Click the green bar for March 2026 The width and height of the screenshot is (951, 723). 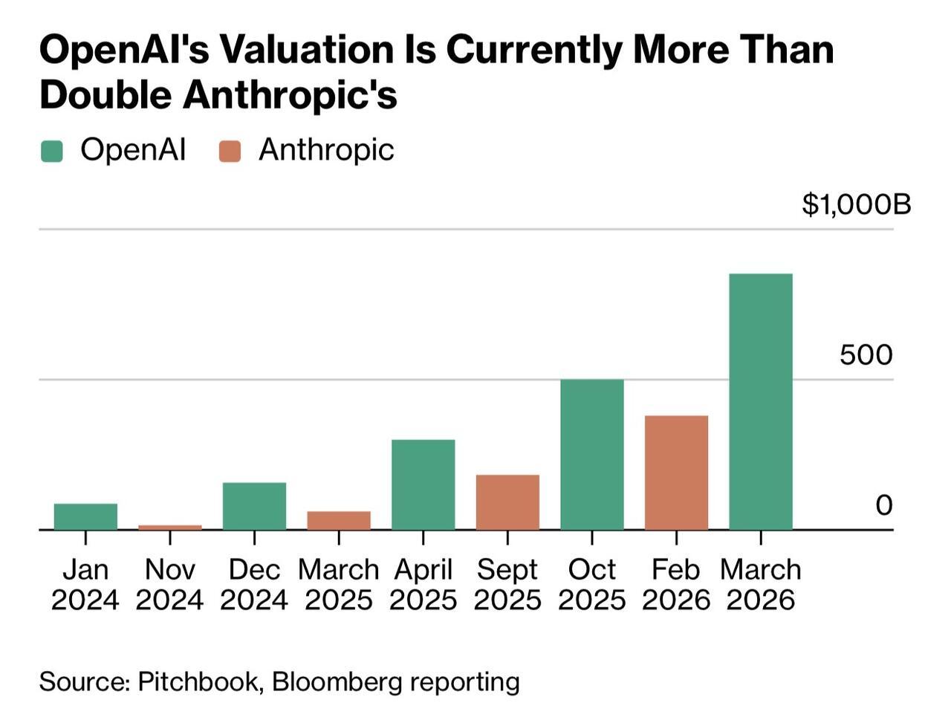click(x=760, y=401)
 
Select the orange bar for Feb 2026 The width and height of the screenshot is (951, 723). click(x=676, y=473)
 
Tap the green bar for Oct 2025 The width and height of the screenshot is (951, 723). click(x=591, y=454)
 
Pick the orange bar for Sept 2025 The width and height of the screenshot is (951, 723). click(x=507, y=502)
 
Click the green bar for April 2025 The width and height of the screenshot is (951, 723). click(x=423, y=484)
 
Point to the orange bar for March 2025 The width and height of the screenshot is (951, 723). click(x=339, y=520)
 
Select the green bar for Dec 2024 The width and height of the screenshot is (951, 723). click(x=254, y=506)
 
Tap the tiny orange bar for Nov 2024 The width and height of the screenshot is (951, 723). click(x=170, y=527)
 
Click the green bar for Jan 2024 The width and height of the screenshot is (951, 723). click(x=85, y=516)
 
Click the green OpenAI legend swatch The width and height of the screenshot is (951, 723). click(x=52, y=151)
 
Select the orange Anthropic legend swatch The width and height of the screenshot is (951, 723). click(x=230, y=151)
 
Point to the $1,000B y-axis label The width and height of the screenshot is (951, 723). click(x=856, y=204)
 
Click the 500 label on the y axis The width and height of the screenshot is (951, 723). click(x=866, y=354)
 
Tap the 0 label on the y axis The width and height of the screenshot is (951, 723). click(x=883, y=505)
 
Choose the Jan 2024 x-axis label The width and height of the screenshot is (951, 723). click(x=85, y=584)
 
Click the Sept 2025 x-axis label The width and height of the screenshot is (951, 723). click(x=507, y=584)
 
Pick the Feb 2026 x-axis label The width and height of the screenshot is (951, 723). click(x=676, y=584)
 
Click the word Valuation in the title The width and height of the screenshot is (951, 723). click(x=308, y=51)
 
